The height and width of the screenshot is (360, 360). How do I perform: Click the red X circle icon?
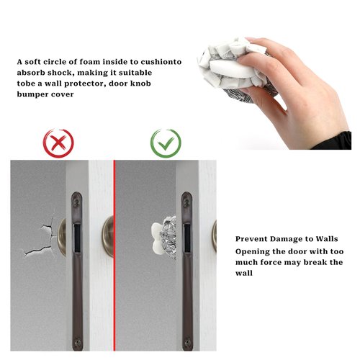58,143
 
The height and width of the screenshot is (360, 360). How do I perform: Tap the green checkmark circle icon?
166,143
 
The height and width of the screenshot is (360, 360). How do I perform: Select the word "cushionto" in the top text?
161,62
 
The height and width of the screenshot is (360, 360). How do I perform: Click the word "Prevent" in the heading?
251,239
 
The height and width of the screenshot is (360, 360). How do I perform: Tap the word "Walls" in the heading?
327,239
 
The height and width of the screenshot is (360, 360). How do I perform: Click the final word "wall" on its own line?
244,273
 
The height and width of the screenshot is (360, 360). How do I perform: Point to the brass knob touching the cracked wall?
62,237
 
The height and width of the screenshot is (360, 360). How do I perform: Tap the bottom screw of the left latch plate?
77,342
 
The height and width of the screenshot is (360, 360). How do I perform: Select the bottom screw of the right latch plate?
188,342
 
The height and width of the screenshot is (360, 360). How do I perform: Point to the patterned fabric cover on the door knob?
169,237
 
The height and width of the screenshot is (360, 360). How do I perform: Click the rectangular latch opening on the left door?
77,238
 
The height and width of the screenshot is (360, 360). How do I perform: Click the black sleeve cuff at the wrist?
333,141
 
